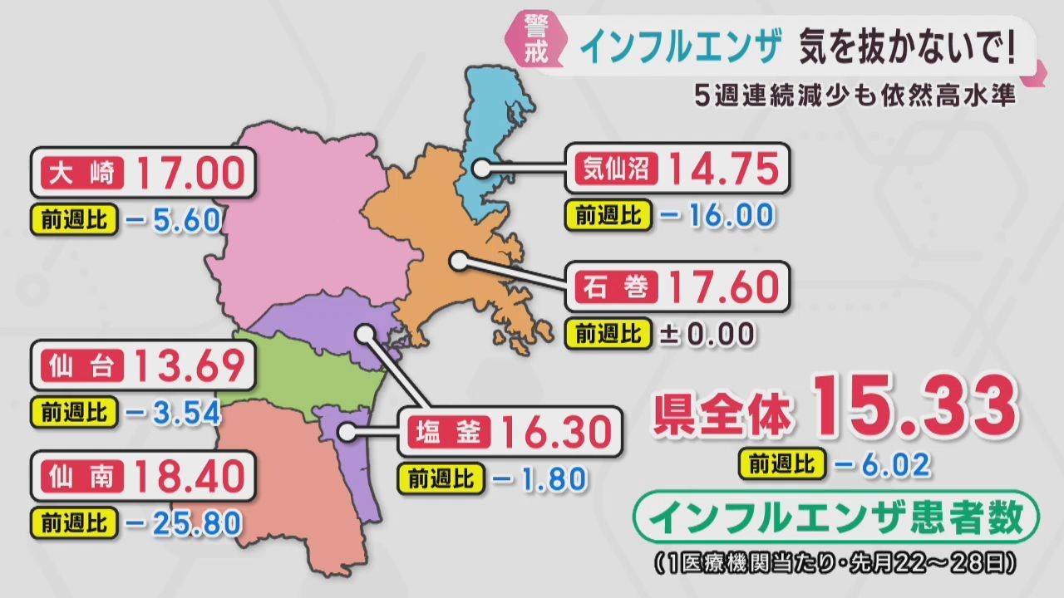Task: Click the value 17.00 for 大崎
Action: (190, 174)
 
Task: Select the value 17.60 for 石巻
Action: (724, 287)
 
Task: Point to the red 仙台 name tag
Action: (81, 366)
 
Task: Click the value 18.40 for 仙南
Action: (190, 478)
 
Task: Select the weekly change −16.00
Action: (717, 216)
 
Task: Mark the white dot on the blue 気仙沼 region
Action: (480, 168)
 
